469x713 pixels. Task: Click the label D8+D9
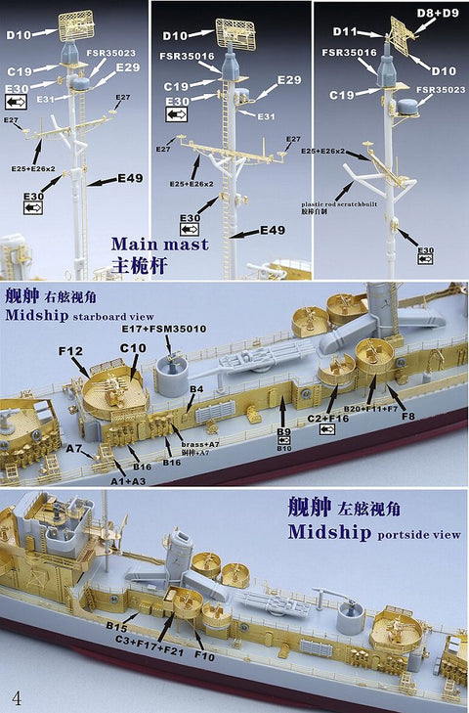[438, 13]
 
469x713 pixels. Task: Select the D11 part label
[344, 31]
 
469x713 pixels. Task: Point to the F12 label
[70, 351]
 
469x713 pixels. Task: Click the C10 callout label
[132, 348]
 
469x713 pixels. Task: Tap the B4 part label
[196, 389]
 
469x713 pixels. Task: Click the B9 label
[283, 430]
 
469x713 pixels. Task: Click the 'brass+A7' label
[192, 443]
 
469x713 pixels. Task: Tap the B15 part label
[118, 623]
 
